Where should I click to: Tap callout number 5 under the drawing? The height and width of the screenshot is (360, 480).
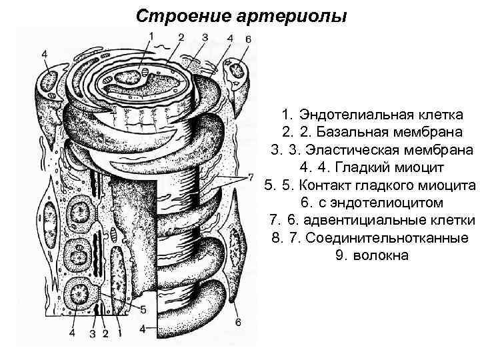point(143,308)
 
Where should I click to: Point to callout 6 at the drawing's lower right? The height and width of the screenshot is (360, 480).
point(239,323)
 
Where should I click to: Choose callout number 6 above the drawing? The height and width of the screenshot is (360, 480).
point(248,39)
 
